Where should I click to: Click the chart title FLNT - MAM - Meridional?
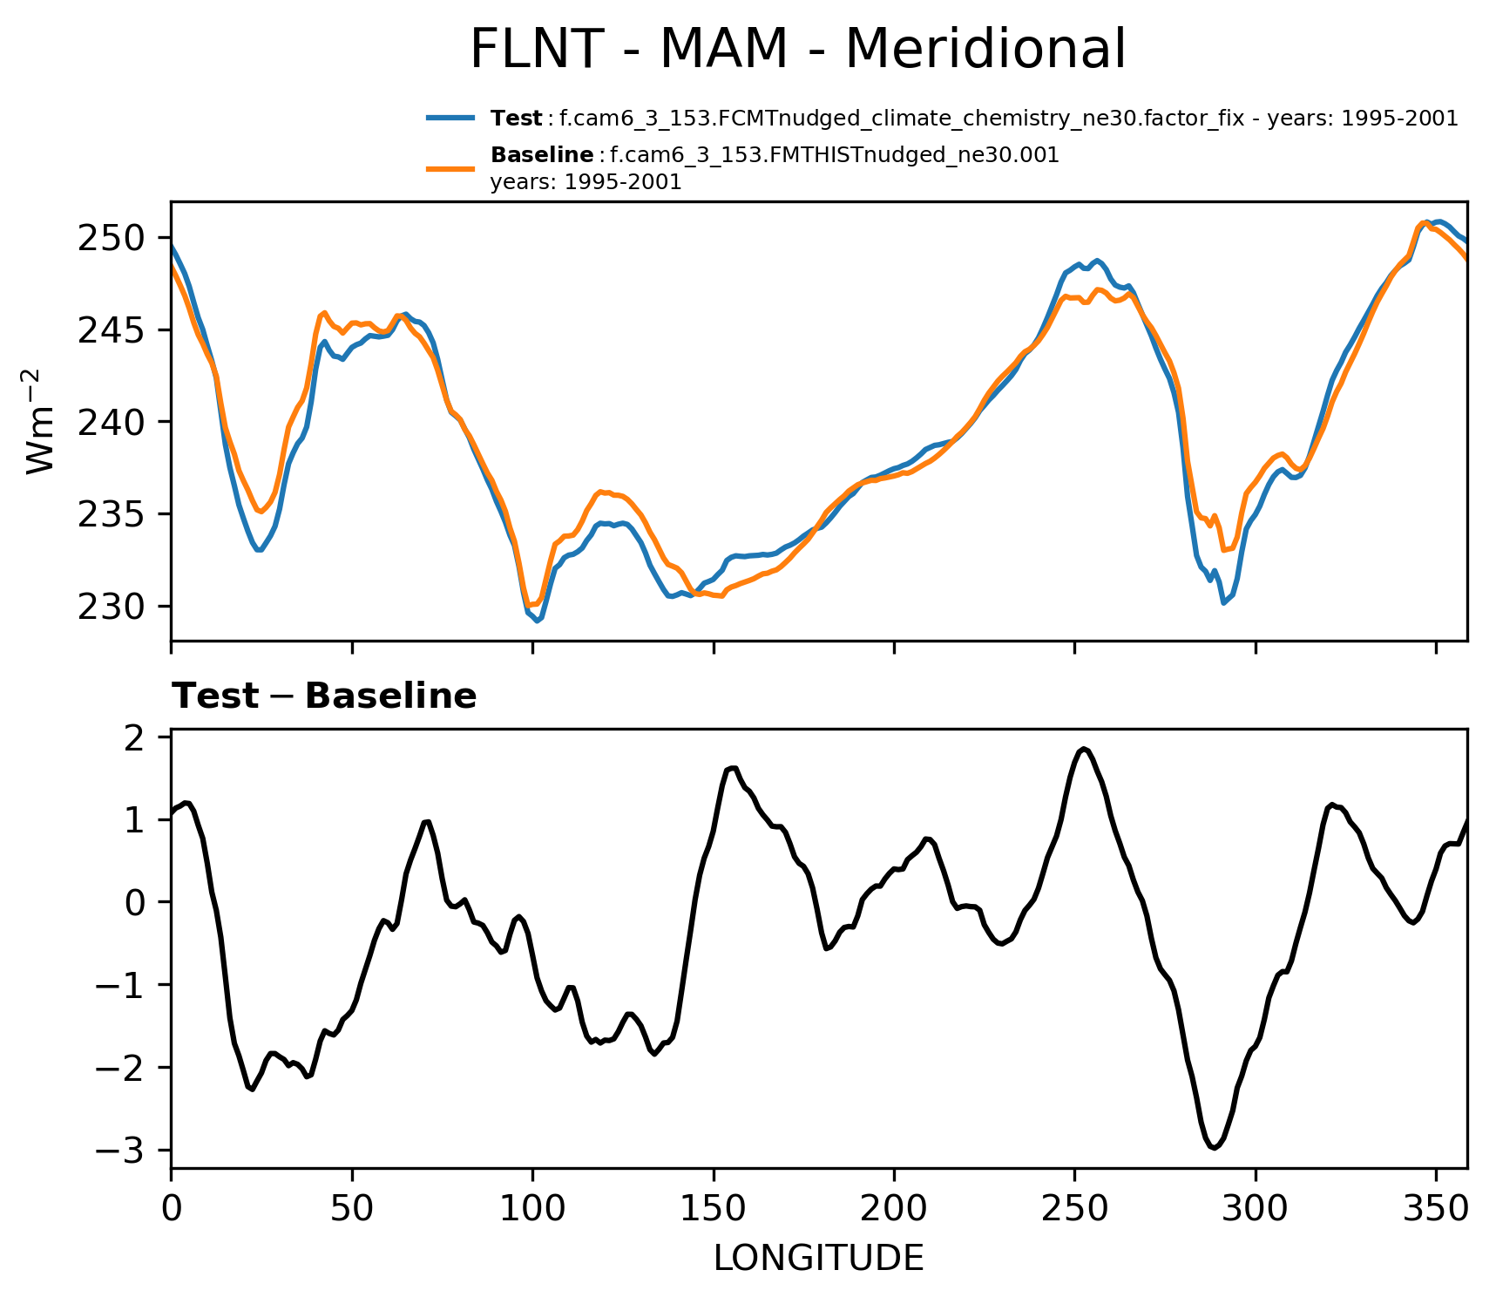click(797, 49)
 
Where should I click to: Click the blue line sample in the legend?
click(450, 118)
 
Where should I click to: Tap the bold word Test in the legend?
click(516, 119)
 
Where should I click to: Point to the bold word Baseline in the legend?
click(542, 155)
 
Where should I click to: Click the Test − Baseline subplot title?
click(324, 696)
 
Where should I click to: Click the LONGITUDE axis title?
click(818, 1258)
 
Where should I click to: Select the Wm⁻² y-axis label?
click(41, 421)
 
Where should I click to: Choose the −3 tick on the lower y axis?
click(123, 1151)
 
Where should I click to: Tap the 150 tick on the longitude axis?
click(714, 1209)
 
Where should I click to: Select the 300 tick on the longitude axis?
click(1256, 1209)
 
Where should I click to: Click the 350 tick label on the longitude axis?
click(1436, 1209)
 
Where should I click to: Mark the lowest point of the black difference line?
click(1214, 1148)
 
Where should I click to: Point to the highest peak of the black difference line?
click(1083, 749)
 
